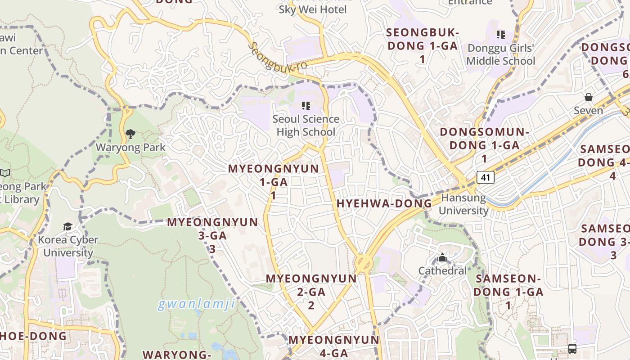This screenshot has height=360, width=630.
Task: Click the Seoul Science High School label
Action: pos(306,126)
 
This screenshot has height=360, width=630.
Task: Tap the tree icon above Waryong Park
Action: pos(130,134)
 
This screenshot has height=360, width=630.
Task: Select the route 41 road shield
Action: pos(485,177)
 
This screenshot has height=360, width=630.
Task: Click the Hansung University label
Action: pos(463,204)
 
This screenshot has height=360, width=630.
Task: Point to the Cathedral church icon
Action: pos(442,258)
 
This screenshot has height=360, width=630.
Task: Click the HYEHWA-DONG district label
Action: pos(384,203)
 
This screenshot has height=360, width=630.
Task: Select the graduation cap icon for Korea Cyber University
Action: pos(67,226)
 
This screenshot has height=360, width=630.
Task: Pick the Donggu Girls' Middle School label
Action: pos(501,54)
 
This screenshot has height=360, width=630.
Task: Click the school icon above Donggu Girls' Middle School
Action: pos(500,35)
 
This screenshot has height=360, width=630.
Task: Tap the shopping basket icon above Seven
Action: pos(588,97)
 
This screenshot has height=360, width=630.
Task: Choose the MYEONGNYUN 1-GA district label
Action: pos(273,182)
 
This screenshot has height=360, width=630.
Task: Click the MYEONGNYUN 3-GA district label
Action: pos(212,235)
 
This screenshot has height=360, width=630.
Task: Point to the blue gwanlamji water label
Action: pos(196,305)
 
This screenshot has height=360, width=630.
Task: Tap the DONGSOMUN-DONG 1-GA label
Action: pos(484,145)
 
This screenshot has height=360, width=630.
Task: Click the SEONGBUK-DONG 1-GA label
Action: pos(422,45)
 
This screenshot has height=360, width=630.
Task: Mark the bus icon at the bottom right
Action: pos(572,348)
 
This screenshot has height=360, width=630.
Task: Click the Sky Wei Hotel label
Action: pos(313,9)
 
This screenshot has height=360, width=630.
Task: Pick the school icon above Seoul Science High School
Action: pos(306,106)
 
